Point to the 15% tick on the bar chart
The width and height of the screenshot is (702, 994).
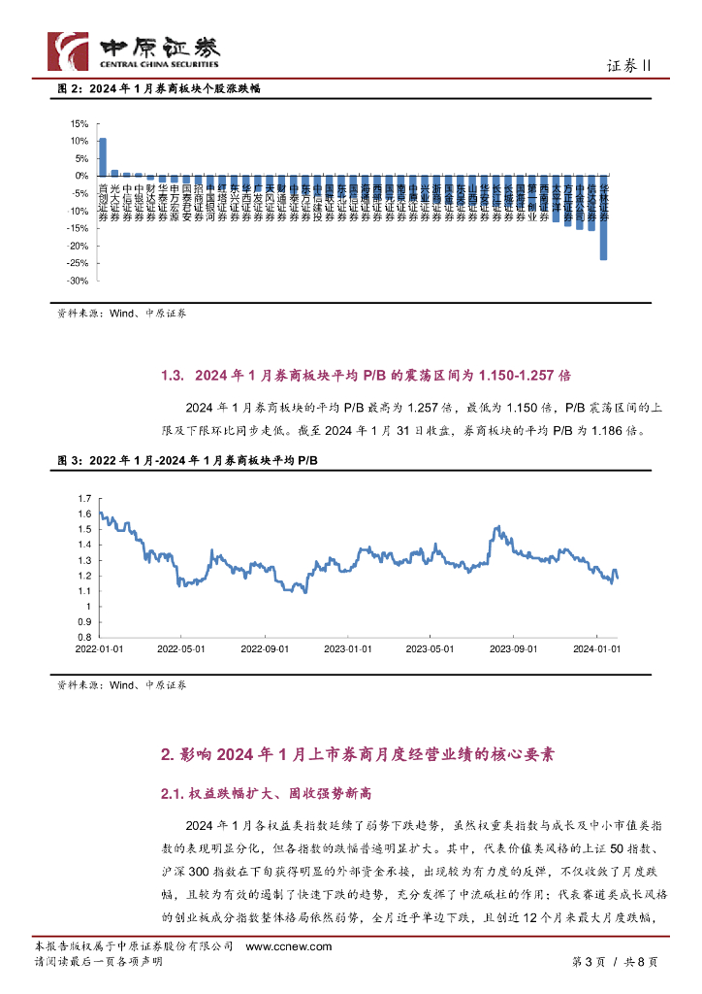(x=80, y=123)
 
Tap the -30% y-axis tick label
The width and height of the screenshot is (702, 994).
(x=78, y=281)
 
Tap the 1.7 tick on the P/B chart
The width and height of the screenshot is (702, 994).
(x=83, y=497)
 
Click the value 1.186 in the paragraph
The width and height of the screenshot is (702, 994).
(x=603, y=430)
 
